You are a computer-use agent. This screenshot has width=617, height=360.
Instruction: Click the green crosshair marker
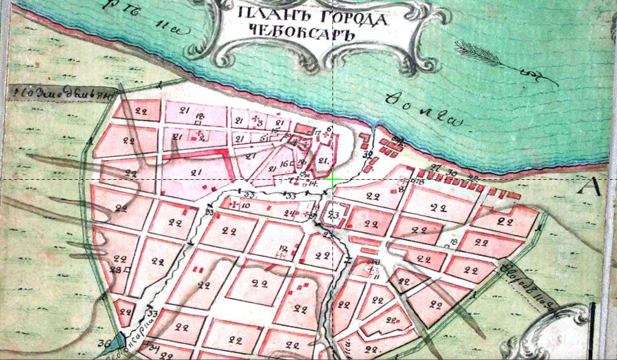click(x=332, y=180)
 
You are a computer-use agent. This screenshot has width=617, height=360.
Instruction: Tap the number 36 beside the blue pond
click(x=103, y=343)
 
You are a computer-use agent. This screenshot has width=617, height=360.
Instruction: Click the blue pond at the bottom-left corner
click(x=119, y=342)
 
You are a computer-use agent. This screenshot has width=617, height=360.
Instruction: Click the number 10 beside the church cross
click(x=246, y=206)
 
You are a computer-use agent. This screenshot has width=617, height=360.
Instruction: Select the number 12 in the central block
click(x=284, y=248)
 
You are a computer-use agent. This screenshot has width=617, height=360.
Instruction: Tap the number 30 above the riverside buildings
click(x=453, y=172)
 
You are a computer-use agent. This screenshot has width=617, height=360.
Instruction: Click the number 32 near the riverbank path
click(x=368, y=154)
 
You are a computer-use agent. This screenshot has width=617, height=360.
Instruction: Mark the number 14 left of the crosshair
click(x=313, y=182)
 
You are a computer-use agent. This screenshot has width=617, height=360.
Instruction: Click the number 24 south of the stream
click(x=289, y=213)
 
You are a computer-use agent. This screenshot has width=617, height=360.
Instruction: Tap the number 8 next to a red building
click(x=401, y=189)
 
